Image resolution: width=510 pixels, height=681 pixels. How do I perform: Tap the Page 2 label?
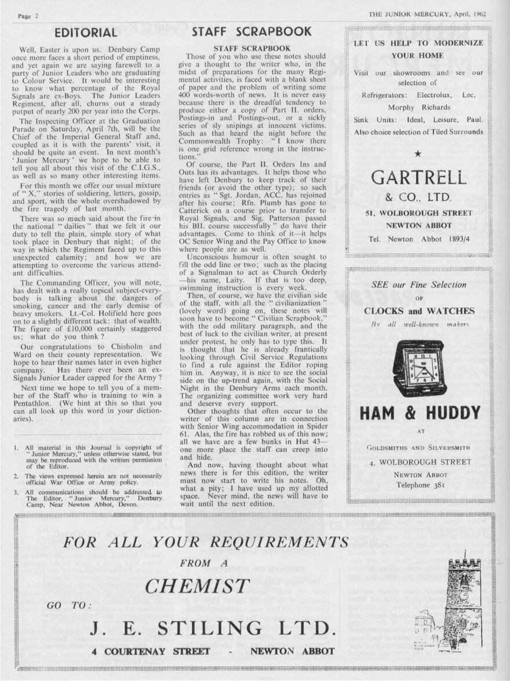click(28, 16)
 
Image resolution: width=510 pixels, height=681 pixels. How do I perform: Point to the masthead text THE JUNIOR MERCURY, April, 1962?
click(427, 14)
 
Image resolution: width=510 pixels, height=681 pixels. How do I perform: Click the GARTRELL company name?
click(418, 177)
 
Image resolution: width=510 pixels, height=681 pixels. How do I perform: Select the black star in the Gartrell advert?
click(418, 153)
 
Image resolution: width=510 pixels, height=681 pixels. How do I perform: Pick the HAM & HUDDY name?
click(420, 413)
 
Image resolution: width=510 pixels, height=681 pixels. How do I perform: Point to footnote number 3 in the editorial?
click(17, 492)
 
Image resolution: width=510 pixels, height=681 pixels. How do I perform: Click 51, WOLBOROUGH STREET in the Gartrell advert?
click(418, 214)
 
